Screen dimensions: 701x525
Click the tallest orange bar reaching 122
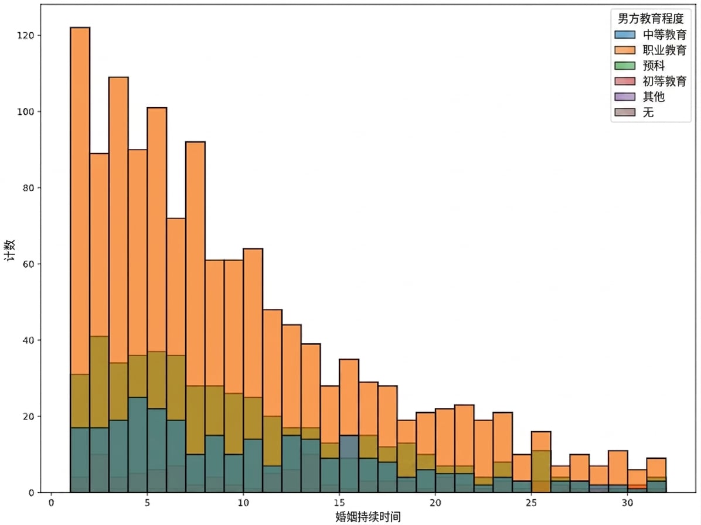(x=80, y=201)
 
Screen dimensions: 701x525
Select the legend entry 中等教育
(x=651, y=35)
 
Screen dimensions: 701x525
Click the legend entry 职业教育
(x=651, y=50)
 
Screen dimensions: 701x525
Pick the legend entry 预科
(x=640, y=66)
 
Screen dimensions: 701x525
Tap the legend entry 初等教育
(x=651, y=81)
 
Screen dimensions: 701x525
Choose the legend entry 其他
(x=640, y=97)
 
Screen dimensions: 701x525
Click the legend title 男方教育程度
(x=651, y=18)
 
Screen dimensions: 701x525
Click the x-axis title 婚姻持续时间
(x=368, y=517)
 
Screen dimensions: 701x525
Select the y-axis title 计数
(x=10, y=250)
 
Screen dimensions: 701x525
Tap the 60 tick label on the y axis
(x=28, y=264)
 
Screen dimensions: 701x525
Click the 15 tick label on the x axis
(x=339, y=503)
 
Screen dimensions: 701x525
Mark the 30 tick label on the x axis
(x=627, y=503)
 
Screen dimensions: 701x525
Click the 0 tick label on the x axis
(x=52, y=503)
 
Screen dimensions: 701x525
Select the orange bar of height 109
(x=118, y=223)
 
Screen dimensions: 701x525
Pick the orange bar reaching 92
(x=195, y=264)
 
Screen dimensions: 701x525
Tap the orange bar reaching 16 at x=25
(x=541, y=441)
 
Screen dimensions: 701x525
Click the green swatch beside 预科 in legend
(x=625, y=66)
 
